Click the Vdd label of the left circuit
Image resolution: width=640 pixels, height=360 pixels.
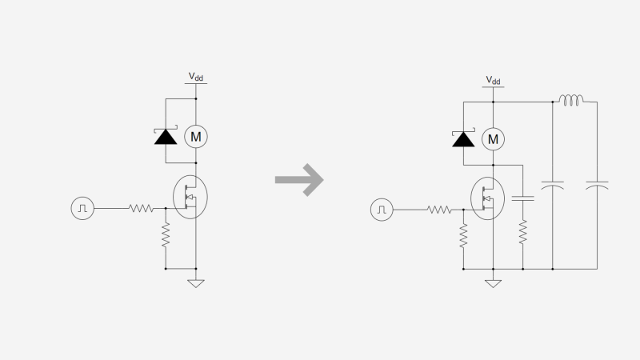click(x=195, y=78)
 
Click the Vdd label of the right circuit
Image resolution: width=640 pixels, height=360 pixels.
click(x=493, y=81)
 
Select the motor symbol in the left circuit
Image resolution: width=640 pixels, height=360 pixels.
click(x=195, y=137)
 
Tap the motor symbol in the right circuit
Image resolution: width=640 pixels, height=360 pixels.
click(x=494, y=139)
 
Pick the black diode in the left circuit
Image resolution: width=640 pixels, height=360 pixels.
click(x=166, y=136)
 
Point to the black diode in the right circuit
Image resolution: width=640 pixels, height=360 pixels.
click(x=462, y=139)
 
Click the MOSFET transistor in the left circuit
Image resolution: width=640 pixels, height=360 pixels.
click(x=190, y=195)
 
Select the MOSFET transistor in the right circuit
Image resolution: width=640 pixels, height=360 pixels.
click(x=487, y=198)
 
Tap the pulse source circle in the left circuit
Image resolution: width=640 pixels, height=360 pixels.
click(x=83, y=208)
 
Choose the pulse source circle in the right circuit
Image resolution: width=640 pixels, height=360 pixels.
click(x=382, y=210)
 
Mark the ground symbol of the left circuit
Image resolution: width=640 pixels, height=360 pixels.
click(x=195, y=282)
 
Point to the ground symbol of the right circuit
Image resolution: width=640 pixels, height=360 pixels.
click(x=494, y=282)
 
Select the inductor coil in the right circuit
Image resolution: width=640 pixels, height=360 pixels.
click(x=571, y=101)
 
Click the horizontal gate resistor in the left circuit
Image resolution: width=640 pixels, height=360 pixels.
click(x=141, y=208)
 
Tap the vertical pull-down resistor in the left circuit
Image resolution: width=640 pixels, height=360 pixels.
click(x=166, y=235)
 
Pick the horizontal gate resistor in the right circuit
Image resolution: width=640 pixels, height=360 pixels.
click(x=439, y=210)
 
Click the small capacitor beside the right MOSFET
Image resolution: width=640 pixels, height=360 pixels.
click(x=522, y=196)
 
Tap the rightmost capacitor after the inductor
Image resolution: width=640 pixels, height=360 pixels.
click(x=597, y=186)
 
